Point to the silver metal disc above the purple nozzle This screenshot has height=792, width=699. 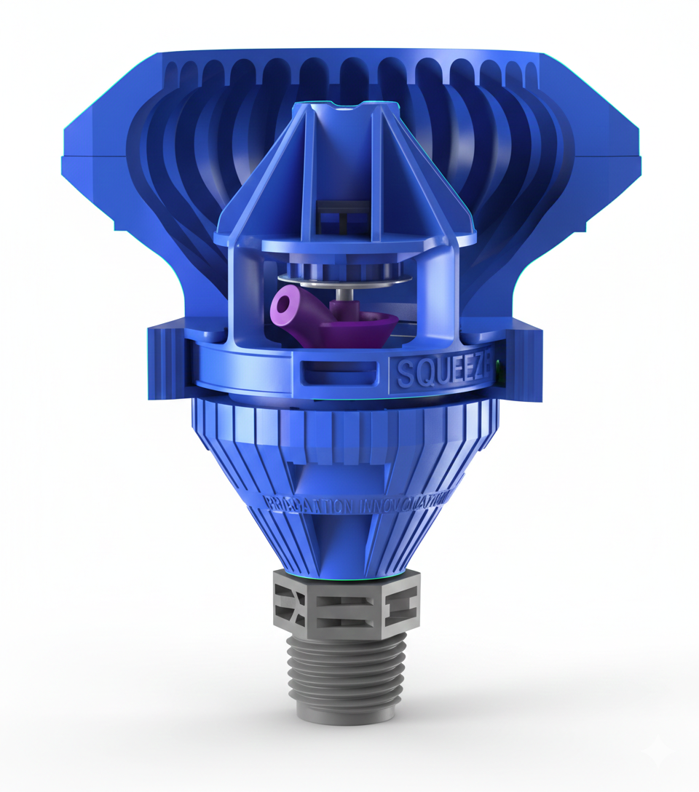click(x=342, y=280)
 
